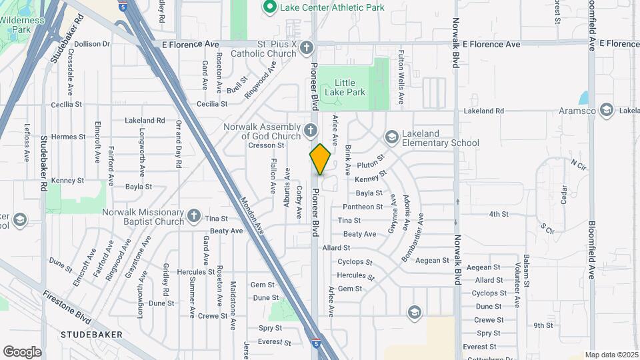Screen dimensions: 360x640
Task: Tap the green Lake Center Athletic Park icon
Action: click(270, 7)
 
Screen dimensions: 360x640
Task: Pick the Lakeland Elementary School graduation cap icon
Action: click(391, 137)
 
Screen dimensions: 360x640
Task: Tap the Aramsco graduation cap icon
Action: click(606, 110)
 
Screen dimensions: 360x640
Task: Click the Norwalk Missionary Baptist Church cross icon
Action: click(193, 215)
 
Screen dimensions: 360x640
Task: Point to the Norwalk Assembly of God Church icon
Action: click(310, 130)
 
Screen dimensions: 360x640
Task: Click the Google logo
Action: click(22, 351)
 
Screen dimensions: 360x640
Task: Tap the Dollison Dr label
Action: click(92, 44)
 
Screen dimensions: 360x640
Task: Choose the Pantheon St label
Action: click(363, 207)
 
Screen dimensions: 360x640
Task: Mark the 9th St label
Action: click(543, 325)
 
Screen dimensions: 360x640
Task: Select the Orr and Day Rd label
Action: click(178, 138)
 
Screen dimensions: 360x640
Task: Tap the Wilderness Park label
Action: click(21, 25)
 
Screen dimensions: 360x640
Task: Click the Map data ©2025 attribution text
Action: click(611, 355)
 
